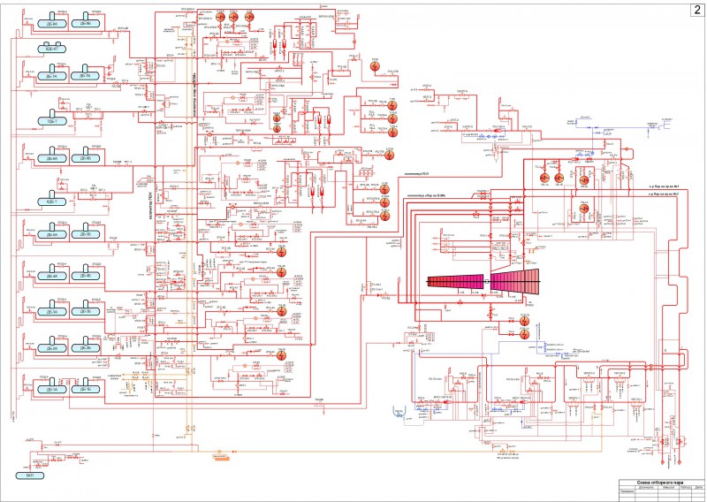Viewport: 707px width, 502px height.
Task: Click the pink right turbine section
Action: coord(513,281)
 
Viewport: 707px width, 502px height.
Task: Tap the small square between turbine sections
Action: coord(485,281)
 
